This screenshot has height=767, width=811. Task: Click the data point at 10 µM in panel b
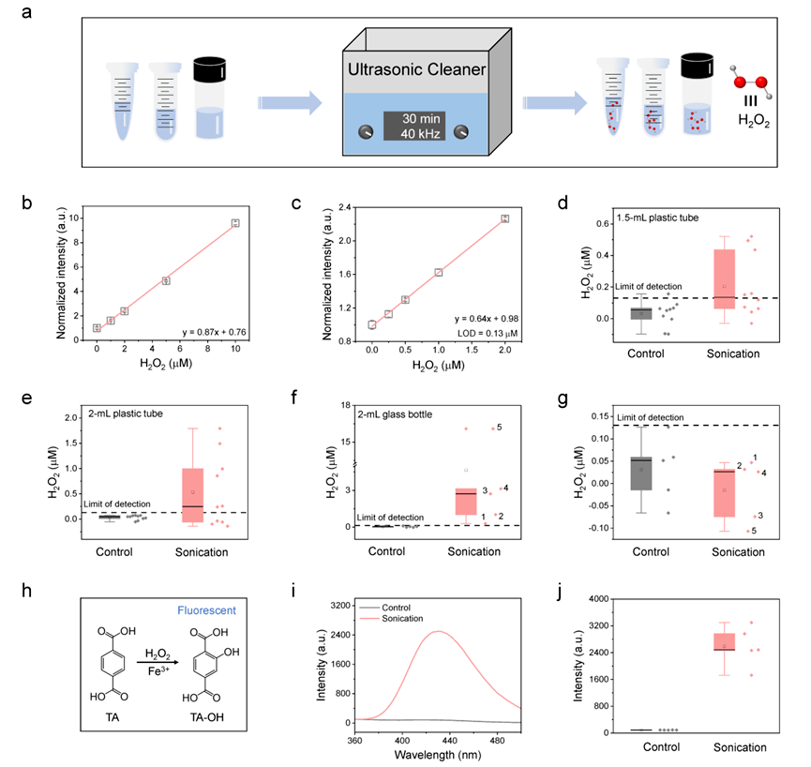tap(236, 223)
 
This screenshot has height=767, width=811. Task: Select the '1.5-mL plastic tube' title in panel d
tap(650, 218)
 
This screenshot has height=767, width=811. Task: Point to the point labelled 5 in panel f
tap(498, 429)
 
